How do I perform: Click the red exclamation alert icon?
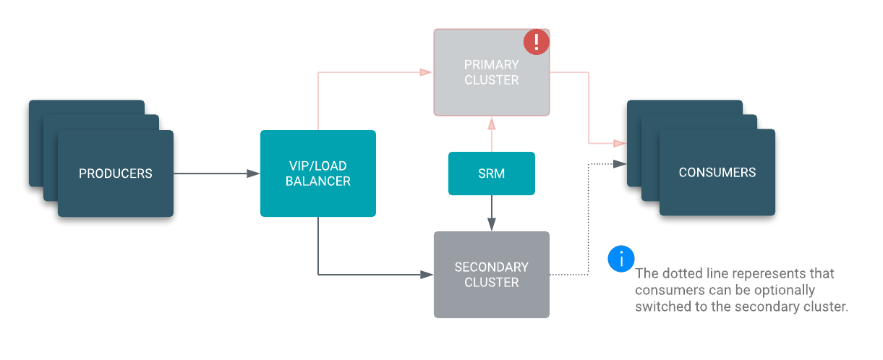pyautogui.click(x=536, y=41)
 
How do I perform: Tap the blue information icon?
pyautogui.click(x=621, y=259)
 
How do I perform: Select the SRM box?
pyautogui.click(x=492, y=173)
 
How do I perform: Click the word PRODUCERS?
pyautogui.click(x=116, y=173)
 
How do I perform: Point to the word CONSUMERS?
pyautogui.click(x=717, y=173)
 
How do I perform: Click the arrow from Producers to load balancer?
pyautogui.click(x=217, y=173)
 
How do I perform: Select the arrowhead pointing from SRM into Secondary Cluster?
pyautogui.click(x=492, y=225)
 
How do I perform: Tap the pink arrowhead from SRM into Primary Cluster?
pyautogui.click(x=492, y=123)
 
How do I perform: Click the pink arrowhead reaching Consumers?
pyautogui.click(x=619, y=143)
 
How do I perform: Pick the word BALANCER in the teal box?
pyautogui.click(x=318, y=181)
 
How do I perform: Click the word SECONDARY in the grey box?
pyautogui.click(x=492, y=267)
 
